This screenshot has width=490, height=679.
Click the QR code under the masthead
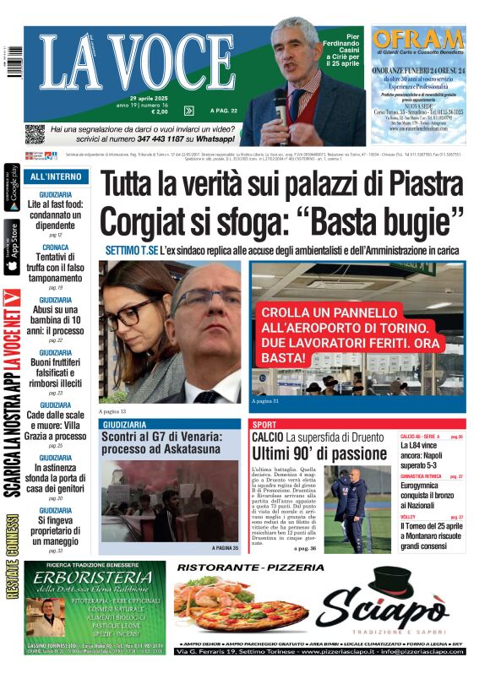pos(35,133)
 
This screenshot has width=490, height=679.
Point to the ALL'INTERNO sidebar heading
pos(56,177)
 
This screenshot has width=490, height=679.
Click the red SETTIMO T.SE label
pos(133,251)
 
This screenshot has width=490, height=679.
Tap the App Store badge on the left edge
pos(12,247)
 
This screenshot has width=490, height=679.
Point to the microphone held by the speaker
pos(280,102)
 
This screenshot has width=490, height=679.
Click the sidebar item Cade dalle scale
pos(56,420)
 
